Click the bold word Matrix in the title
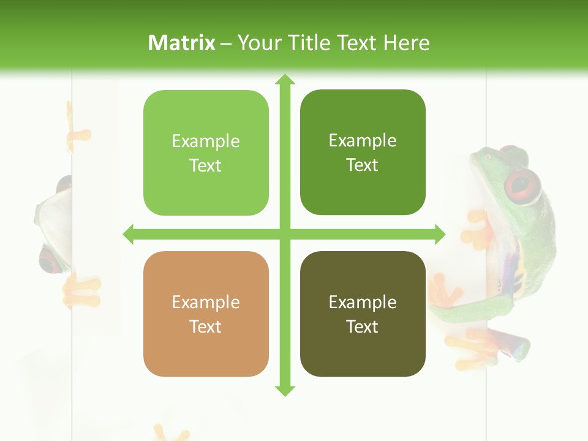pyautogui.click(x=182, y=43)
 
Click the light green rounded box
pyautogui.click(x=206, y=153)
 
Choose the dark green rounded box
pyautogui.click(x=363, y=153)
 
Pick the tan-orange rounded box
pyautogui.click(x=206, y=314)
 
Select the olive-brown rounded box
pyautogui.click(x=363, y=314)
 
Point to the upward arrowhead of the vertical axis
pyautogui.click(x=284, y=80)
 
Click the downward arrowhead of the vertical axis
pyautogui.click(x=284, y=390)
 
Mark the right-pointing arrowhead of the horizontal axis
pyautogui.click(x=439, y=234)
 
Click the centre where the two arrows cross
pyautogui.click(x=284, y=234)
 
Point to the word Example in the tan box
pyautogui.click(x=205, y=302)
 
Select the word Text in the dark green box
pyautogui.click(x=362, y=165)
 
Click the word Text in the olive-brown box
pyautogui.click(x=362, y=326)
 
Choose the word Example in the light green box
pyautogui.click(x=205, y=141)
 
